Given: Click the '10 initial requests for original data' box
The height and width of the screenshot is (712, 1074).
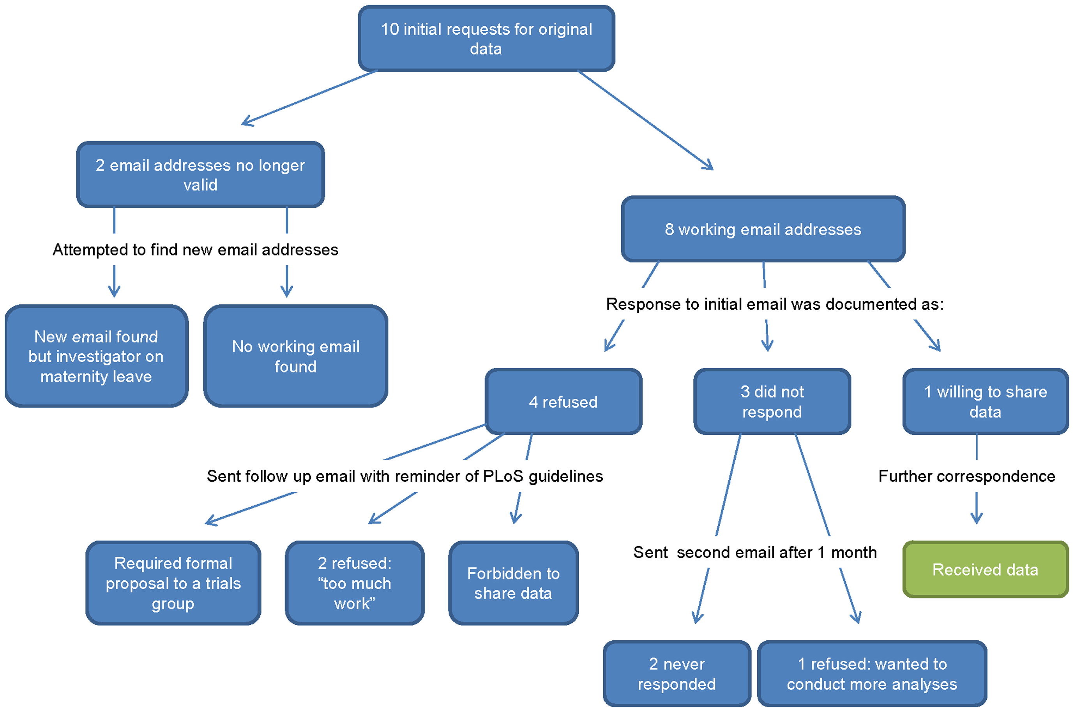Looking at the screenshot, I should point(486,39).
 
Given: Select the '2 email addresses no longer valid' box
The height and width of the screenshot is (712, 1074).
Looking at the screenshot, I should point(200,175).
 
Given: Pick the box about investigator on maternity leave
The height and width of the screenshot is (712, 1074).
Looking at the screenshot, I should point(96,356).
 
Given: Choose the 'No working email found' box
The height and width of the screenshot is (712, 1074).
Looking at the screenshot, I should point(296,356).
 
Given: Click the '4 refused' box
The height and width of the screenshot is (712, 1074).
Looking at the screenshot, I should point(563,402).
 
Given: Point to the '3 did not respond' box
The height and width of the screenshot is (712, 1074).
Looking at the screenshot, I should point(772,402).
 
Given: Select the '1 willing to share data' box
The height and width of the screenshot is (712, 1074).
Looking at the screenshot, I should point(986,402).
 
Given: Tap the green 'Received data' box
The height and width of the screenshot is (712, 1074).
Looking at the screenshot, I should point(986,569).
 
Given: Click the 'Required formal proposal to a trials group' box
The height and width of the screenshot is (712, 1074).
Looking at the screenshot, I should point(173,583).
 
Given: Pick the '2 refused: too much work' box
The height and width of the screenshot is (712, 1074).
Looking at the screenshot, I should point(355,583).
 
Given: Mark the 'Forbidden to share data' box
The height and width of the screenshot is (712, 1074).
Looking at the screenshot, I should point(513,583).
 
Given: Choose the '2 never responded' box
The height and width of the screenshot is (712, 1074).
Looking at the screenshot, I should point(677,674).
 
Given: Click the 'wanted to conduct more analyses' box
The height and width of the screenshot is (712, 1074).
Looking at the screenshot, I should point(872,674).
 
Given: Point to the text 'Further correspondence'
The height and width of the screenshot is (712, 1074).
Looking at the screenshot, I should point(967,476).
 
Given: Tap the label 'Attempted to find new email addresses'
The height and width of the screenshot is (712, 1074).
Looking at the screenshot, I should point(195,250).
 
